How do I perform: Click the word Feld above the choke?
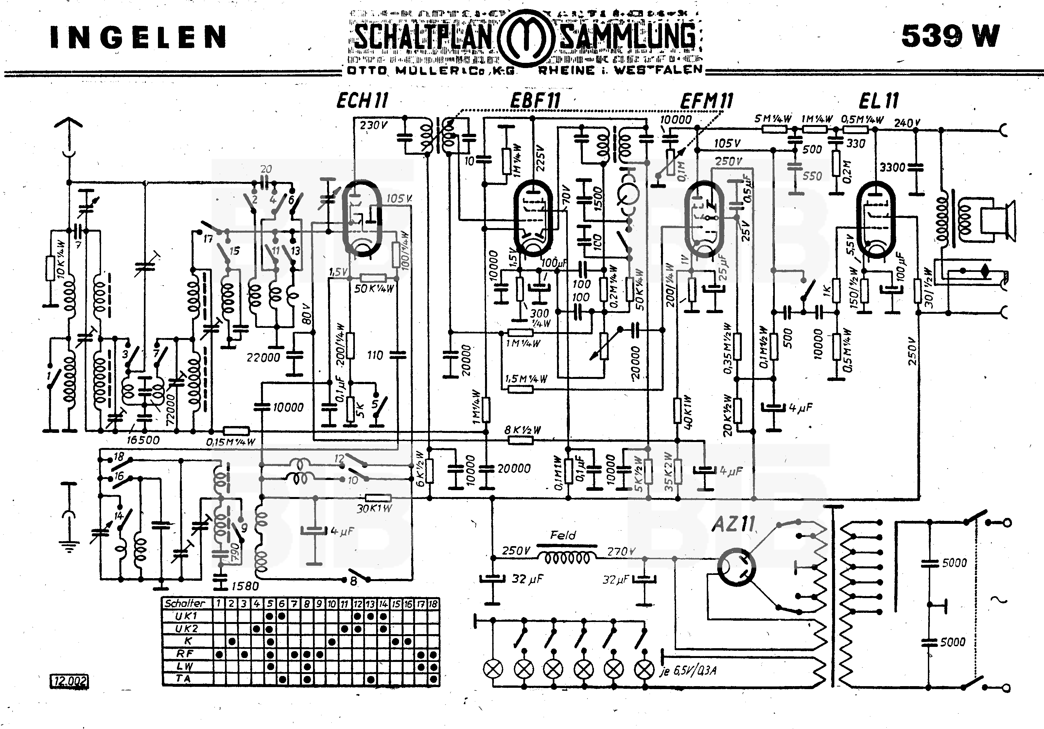(x=563, y=535)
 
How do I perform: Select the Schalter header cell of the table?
(x=185, y=603)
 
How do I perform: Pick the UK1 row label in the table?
(x=185, y=616)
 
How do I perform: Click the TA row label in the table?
(x=185, y=679)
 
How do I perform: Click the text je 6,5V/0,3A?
(x=688, y=671)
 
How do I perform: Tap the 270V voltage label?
(x=621, y=552)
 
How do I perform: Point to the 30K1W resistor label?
(x=374, y=508)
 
